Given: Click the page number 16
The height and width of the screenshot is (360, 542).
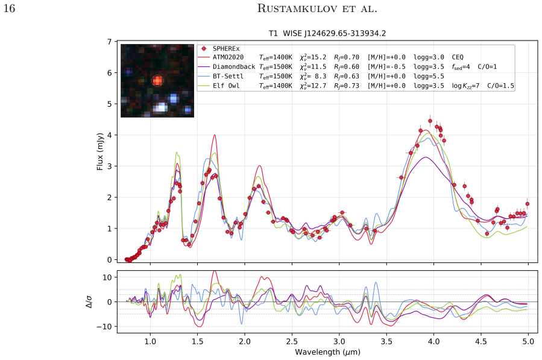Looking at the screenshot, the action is pos(9,8).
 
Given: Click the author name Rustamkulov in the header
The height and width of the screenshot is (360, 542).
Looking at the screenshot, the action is pos(297,8).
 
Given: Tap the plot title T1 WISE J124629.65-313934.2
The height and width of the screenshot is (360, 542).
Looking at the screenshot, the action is pos(327,34).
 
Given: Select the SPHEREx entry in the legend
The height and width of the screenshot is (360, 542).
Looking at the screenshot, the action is pos(226,49).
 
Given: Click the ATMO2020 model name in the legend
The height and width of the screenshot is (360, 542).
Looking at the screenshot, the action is pos(228,57).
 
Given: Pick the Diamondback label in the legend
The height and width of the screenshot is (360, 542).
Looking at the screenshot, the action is pos(234,67).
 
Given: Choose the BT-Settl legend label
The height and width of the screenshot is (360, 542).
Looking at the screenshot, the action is pos(228,76).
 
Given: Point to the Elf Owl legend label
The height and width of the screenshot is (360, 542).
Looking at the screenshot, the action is pos(226,86).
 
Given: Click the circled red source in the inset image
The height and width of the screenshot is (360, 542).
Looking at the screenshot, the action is pos(157,81).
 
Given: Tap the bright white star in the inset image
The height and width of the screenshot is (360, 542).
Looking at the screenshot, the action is pos(160,107).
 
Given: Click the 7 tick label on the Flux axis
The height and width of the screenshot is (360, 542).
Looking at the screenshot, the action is pos(110,42).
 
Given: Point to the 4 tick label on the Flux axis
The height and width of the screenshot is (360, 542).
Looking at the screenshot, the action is pos(110,135).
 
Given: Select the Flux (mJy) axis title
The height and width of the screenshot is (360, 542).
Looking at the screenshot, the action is pos(100,151).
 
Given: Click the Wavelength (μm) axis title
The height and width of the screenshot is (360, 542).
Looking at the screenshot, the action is pos(327,352).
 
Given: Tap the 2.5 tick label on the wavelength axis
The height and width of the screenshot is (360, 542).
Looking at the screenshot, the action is pos(292,342).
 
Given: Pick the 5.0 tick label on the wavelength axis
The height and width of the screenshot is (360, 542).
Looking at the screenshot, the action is pos(528,342).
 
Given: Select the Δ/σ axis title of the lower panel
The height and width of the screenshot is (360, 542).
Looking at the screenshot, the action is pos(89,302).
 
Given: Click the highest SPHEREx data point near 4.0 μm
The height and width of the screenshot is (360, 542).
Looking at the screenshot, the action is pos(430,121).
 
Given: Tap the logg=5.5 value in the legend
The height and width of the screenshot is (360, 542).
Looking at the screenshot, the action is pos(429,76).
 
